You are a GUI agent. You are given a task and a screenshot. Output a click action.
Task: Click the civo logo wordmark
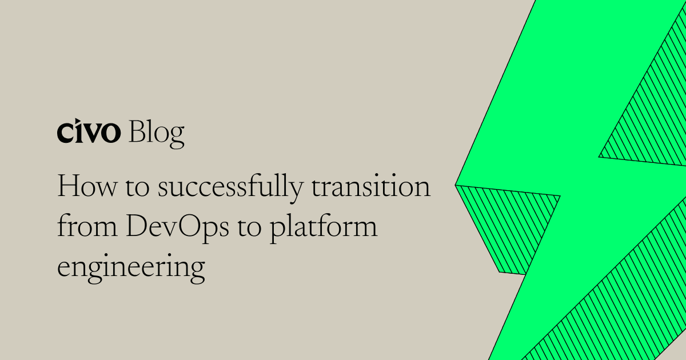89,133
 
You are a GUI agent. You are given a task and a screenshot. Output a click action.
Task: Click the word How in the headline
79,188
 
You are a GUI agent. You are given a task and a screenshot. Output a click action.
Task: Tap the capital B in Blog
136,133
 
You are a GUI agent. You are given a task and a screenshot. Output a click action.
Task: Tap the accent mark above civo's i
78,124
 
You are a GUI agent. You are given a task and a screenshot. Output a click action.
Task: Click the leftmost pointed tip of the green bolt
457,185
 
